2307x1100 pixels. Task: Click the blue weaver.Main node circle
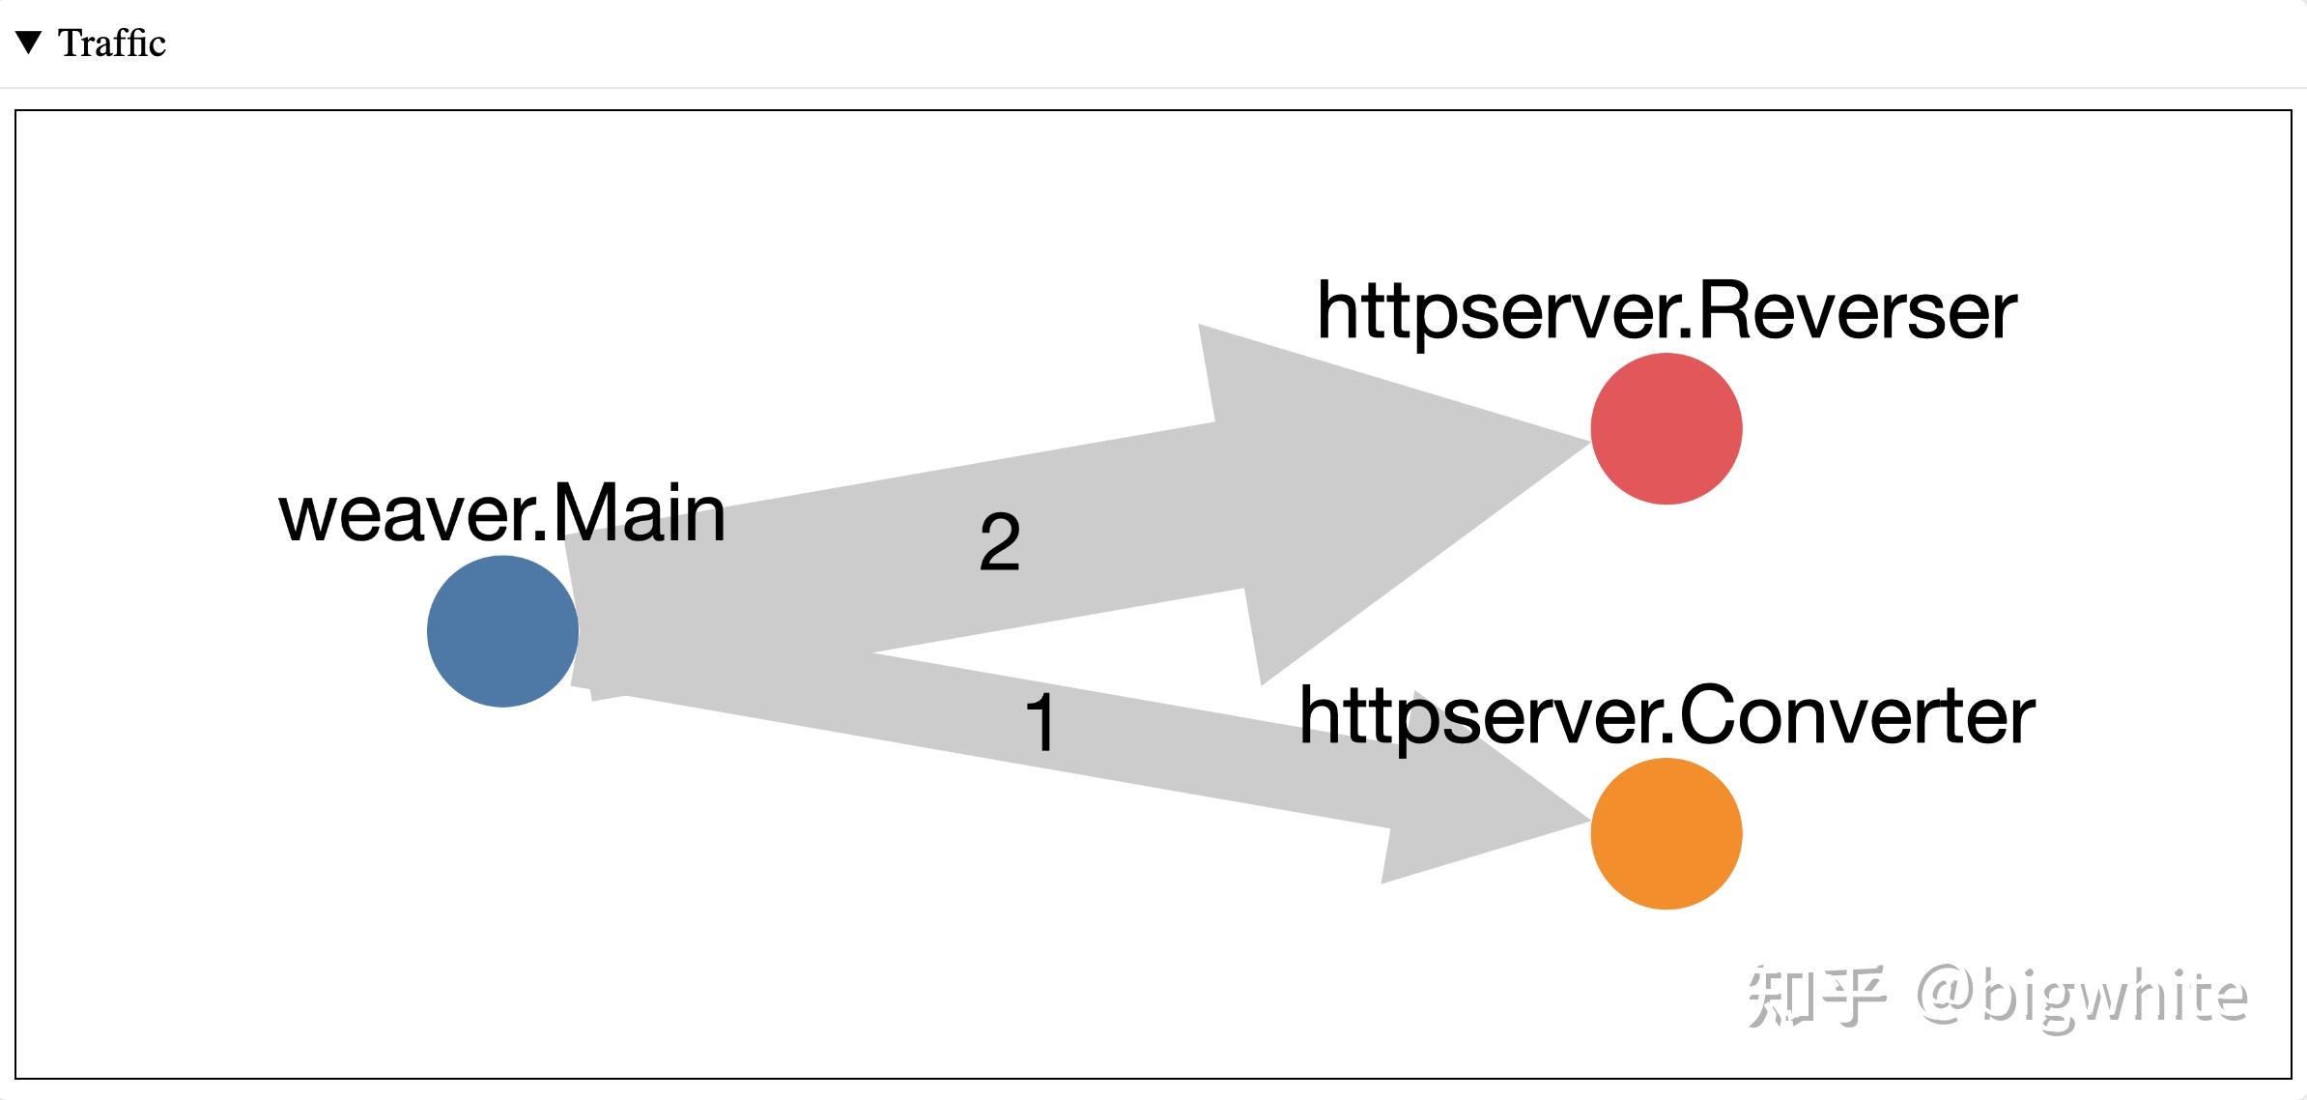click(x=502, y=631)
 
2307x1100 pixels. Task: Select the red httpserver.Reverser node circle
click(x=1666, y=428)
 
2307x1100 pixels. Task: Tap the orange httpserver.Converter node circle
click(x=1666, y=833)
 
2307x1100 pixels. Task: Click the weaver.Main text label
click(x=502, y=513)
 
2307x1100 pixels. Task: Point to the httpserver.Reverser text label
click(x=1666, y=311)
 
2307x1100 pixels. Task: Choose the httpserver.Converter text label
click(x=1666, y=716)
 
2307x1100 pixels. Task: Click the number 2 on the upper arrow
click(x=999, y=542)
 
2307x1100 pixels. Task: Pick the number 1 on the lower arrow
click(x=1040, y=722)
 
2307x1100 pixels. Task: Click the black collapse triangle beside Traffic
click(x=29, y=43)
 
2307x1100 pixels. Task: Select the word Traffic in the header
click(x=112, y=43)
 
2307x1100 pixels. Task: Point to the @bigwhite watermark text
click(x=2082, y=996)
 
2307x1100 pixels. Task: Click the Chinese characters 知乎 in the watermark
click(x=1817, y=996)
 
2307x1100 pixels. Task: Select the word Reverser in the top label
click(x=1855, y=311)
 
